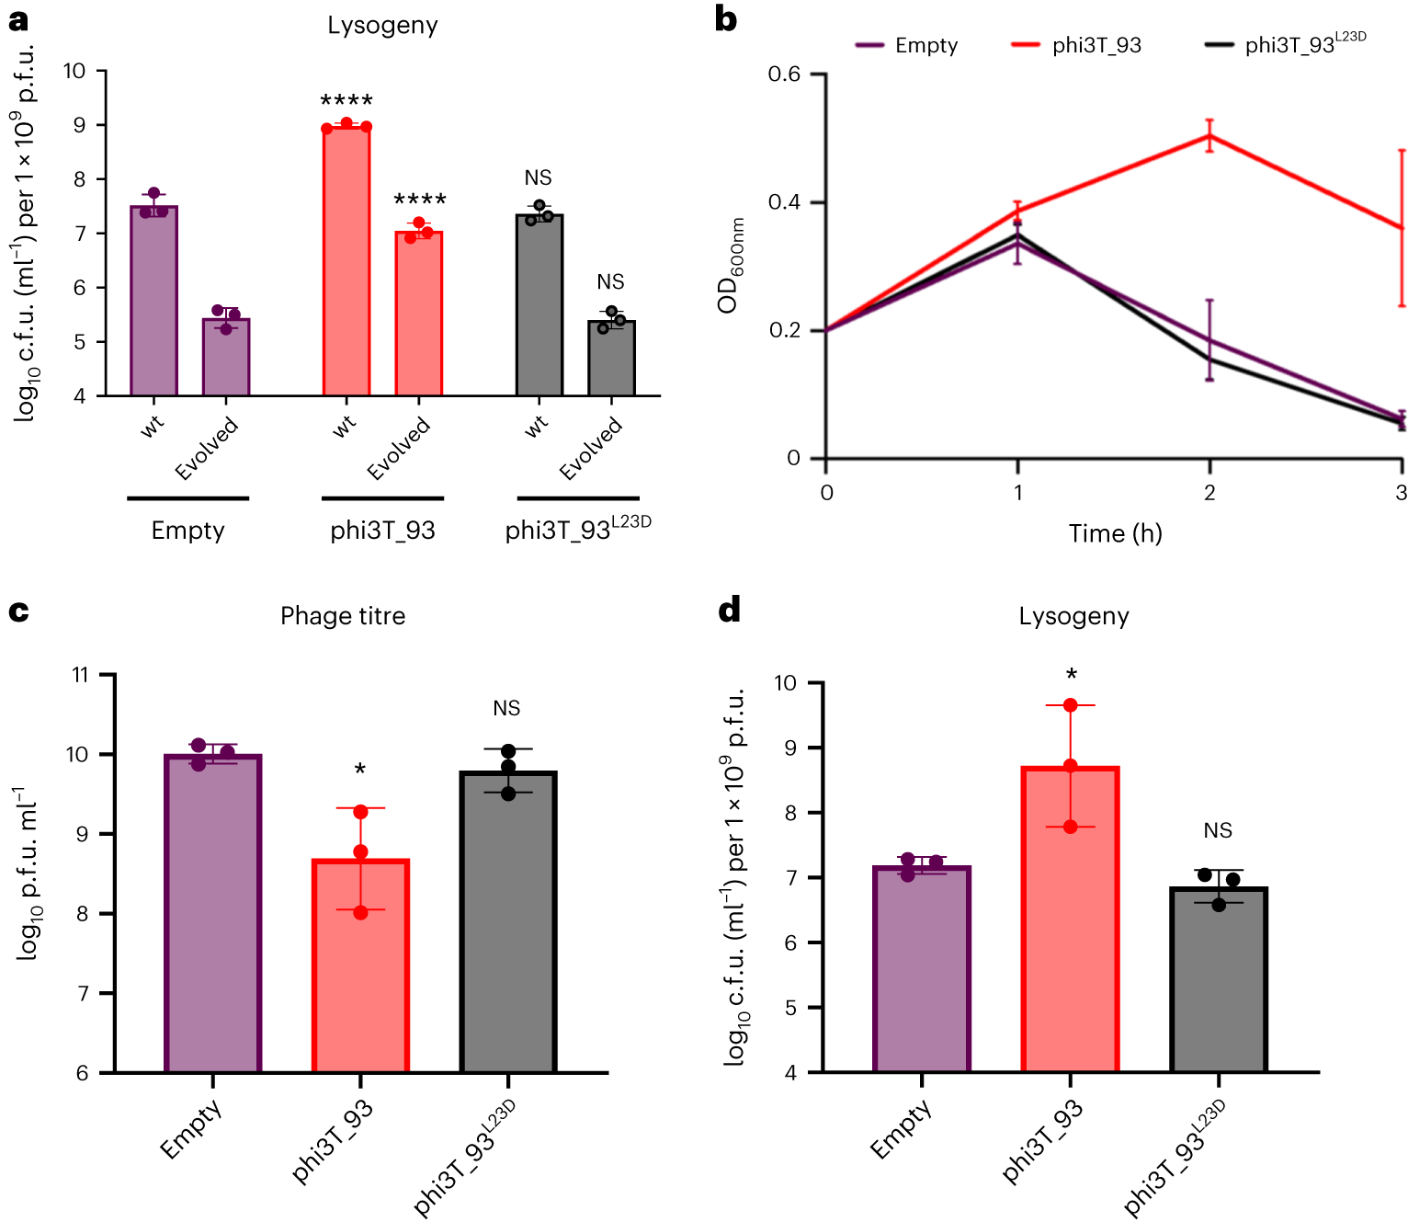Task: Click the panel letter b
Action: (726, 19)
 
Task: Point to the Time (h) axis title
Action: (1115, 533)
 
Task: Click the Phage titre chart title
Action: (343, 615)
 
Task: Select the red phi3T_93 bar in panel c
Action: (360, 965)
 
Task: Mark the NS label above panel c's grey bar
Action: (506, 708)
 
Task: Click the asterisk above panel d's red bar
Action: (1072, 675)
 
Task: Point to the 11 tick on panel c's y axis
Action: (81, 675)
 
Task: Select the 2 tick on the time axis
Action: (1209, 493)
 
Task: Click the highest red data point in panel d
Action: (1071, 705)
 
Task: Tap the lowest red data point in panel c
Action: (360, 912)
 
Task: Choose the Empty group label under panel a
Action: (187, 531)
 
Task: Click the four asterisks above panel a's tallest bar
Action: (346, 100)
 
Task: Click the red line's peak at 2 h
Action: (1209, 136)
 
